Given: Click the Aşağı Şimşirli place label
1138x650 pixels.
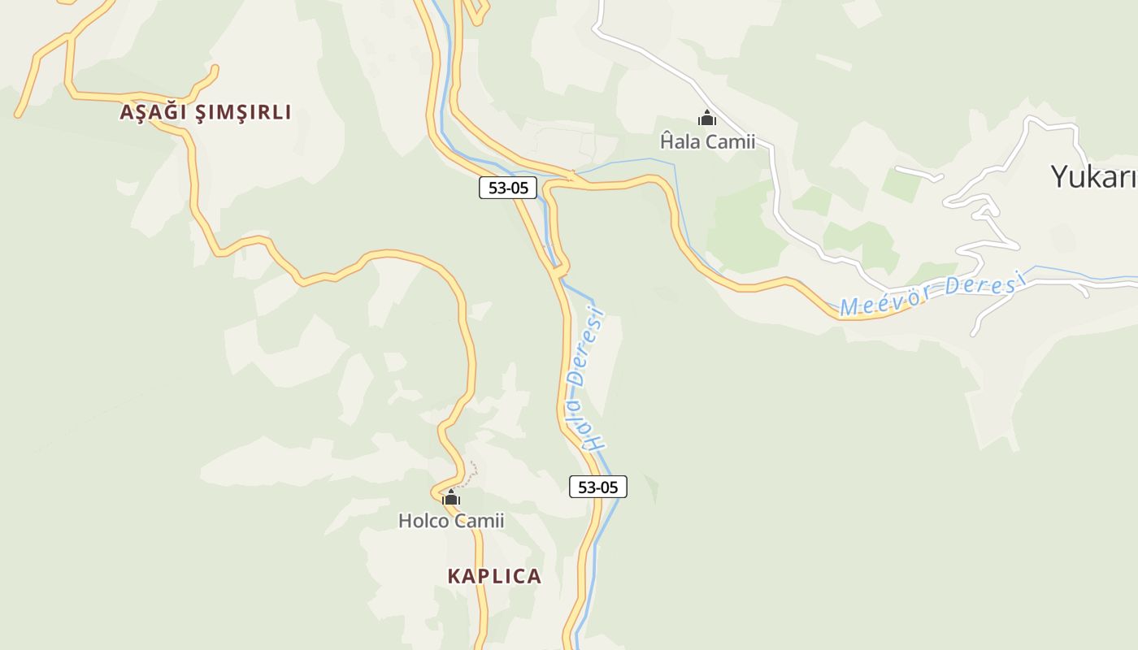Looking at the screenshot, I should click(205, 112).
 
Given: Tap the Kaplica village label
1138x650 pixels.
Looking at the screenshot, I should click(494, 576).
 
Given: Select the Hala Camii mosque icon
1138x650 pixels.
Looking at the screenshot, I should click(707, 119).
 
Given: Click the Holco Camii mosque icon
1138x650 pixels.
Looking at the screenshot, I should click(451, 497).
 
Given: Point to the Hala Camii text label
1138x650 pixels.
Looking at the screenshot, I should click(707, 142).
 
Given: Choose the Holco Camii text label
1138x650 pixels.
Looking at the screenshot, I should click(451, 521).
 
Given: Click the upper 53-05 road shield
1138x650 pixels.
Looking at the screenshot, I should click(508, 188).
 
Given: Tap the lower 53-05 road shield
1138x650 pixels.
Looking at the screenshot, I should click(598, 487).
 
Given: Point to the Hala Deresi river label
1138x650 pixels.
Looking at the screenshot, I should click(589, 378).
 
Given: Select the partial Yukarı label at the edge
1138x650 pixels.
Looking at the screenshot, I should click(1093, 176).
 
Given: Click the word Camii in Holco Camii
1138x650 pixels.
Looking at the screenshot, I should click(480, 521).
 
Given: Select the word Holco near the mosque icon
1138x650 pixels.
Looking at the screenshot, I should click(423, 521).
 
